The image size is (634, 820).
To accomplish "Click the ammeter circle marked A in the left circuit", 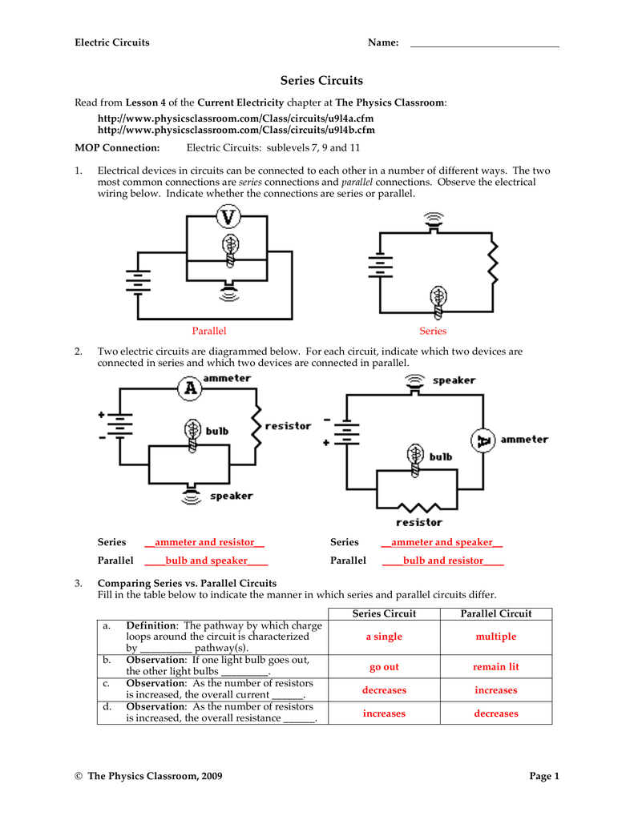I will [190, 388].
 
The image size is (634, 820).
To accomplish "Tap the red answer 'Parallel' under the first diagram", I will [209, 331].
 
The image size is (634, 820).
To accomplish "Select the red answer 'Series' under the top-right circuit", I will [433, 331].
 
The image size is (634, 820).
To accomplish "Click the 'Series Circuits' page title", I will [321, 81].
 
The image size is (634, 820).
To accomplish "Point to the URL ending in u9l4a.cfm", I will [236, 118].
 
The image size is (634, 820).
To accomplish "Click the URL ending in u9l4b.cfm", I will [236, 130].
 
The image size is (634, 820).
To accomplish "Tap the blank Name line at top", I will [484, 43].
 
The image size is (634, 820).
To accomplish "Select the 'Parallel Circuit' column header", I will [496, 613].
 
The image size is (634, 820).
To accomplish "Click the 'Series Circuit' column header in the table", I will [384, 613].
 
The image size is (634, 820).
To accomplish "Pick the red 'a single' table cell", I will [384, 637].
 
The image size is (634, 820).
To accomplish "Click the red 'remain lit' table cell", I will [496, 666].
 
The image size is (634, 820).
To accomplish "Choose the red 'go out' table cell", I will [384, 666].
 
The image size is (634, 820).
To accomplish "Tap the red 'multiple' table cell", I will [496, 637].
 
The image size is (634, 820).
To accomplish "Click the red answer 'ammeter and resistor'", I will [204, 542].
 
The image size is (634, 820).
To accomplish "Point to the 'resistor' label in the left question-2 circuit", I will [288, 426].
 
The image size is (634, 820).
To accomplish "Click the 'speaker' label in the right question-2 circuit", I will [454, 380].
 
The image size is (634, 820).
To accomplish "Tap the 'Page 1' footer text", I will [544, 776].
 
